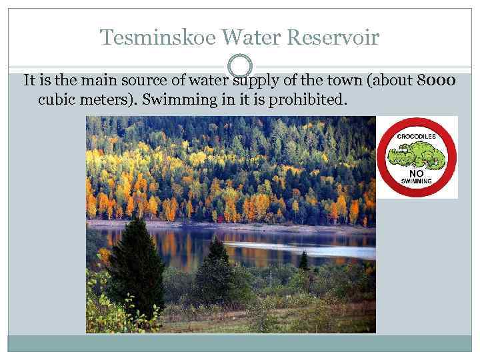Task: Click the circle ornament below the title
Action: pos(240,66)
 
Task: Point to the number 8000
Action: pos(436,81)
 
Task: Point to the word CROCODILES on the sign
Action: pos(416,136)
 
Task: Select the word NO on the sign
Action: pos(417,171)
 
